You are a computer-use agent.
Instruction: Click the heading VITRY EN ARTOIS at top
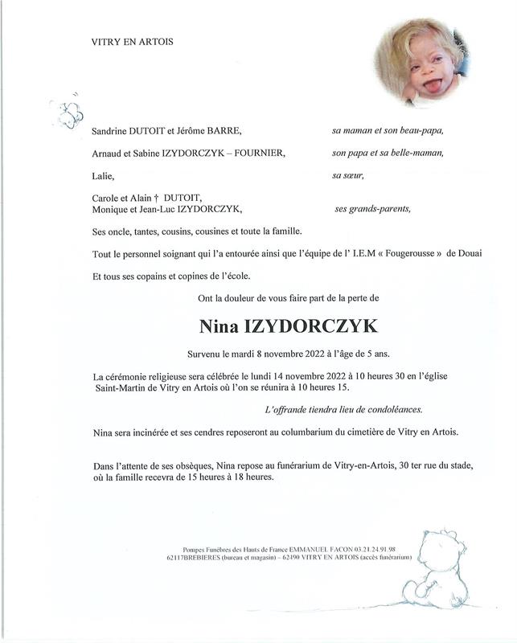coord(133,42)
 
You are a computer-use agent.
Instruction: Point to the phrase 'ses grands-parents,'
coord(372,209)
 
